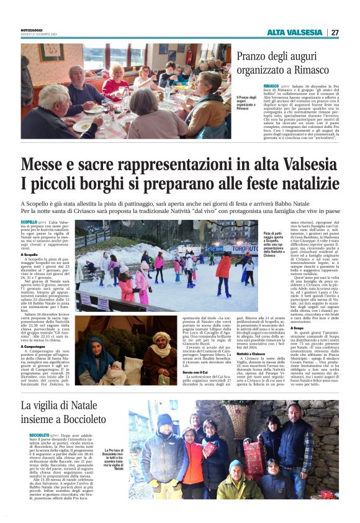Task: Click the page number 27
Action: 335,32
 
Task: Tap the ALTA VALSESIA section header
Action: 294,32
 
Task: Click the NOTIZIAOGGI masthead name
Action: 33,30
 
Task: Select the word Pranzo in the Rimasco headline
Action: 256,58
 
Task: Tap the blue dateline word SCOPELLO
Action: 29,222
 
